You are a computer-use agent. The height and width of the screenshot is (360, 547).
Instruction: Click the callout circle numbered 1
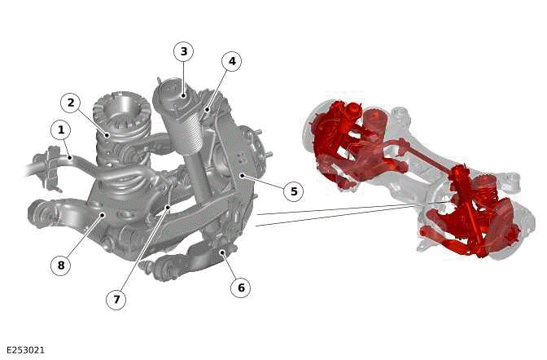[61, 130]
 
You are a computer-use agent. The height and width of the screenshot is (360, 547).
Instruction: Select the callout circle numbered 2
[71, 103]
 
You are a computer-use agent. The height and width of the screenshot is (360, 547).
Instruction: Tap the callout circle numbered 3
[183, 51]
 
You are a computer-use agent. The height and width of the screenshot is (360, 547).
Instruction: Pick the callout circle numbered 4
[232, 61]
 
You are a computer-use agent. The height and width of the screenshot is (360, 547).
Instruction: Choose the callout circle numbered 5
[294, 191]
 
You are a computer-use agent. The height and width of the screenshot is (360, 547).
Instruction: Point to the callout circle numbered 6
[241, 288]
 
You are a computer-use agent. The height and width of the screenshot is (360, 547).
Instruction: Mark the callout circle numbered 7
[116, 299]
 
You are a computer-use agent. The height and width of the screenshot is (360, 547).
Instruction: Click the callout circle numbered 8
[61, 266]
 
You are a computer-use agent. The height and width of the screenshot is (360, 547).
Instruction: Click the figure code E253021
[26, 350]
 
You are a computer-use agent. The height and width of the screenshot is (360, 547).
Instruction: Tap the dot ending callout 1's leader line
[70, 158]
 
